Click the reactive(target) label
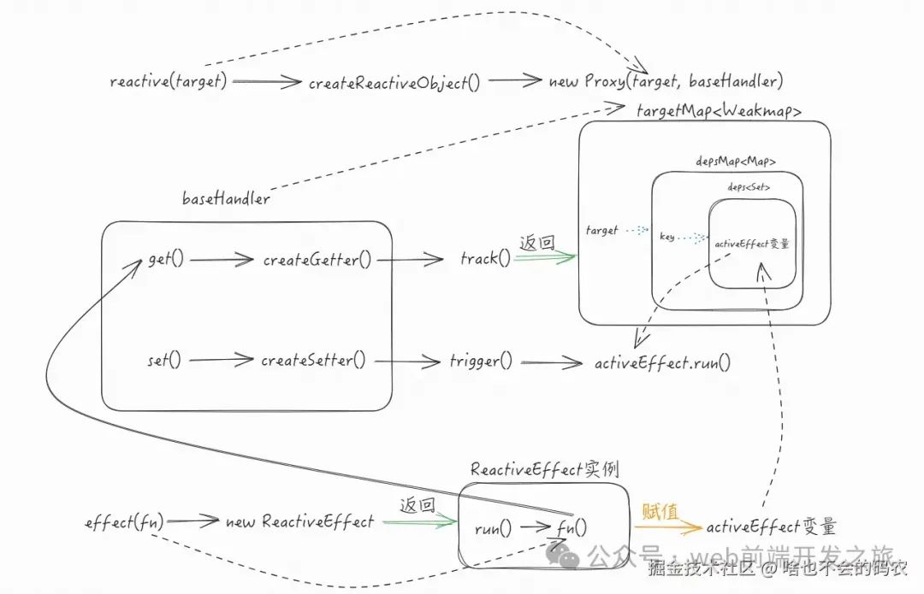169,82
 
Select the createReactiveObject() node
394,83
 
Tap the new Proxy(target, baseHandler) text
666,82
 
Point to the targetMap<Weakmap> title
719,111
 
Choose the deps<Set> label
749,187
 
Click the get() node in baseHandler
166,259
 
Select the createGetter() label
317,259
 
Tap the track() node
484,259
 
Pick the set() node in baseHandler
164,361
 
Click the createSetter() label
313,361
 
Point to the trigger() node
481,361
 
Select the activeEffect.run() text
663,362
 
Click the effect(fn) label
125,520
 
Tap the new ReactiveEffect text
299,521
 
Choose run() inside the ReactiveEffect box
493,528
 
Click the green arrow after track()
544,258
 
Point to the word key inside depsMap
667,237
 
